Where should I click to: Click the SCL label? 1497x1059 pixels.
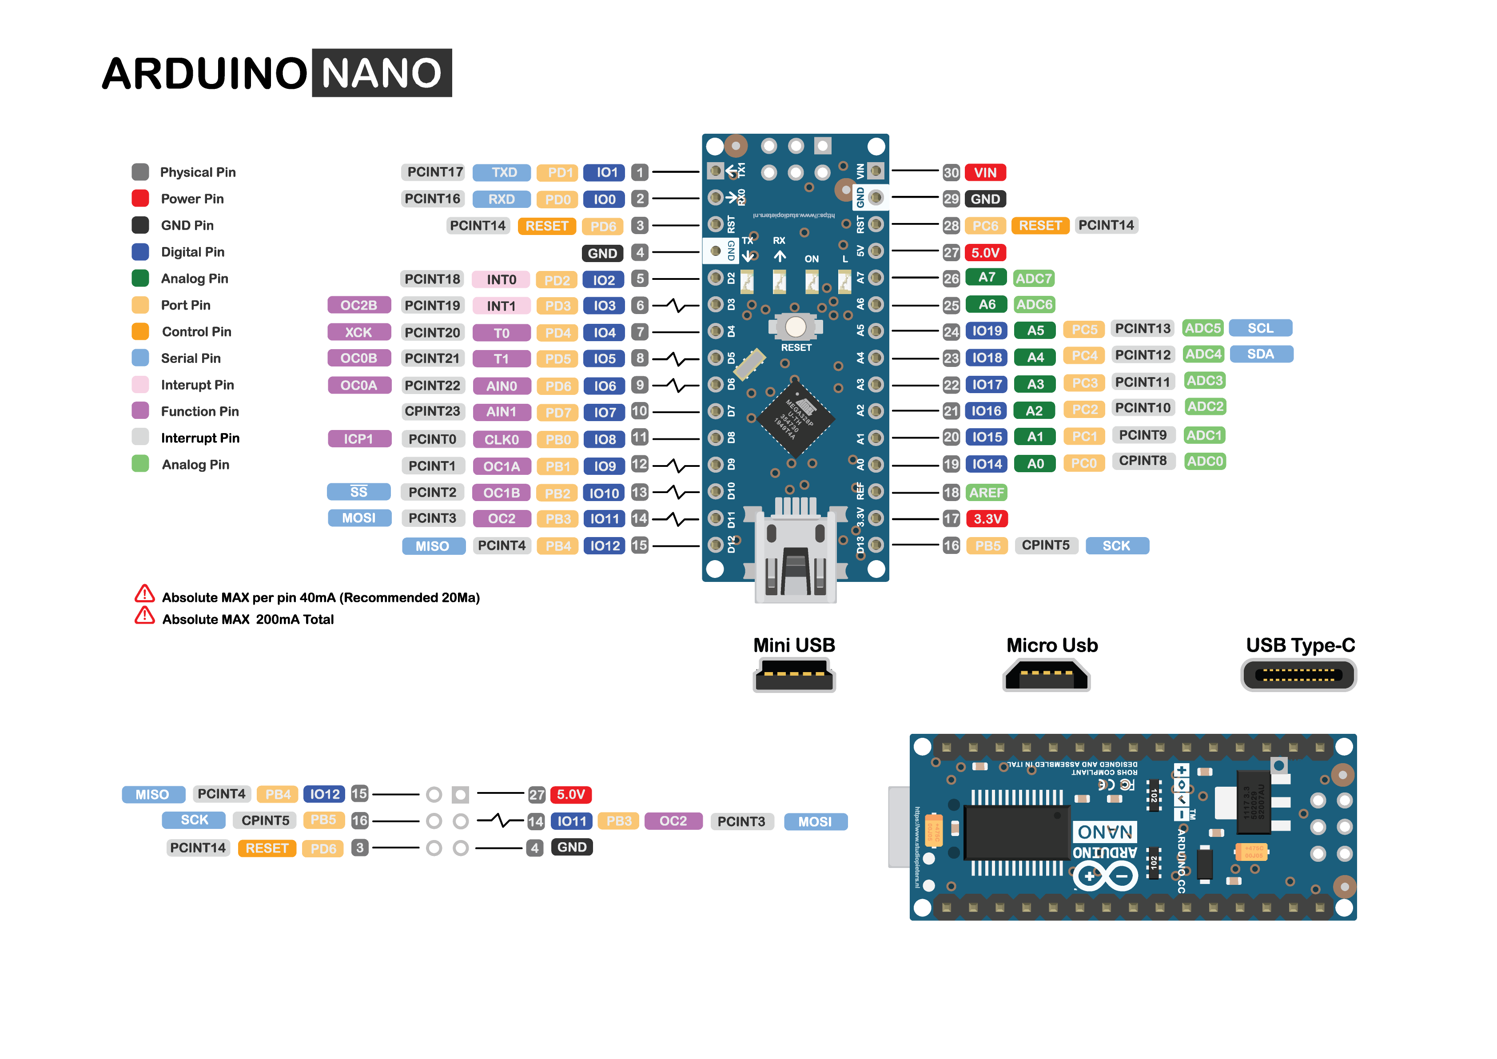pyautogui.click(x=1260, y=328)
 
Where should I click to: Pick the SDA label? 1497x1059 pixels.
pyautogui.click(x=1260, y=354)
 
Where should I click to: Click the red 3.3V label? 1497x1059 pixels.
pyautogui.click(x=987, y=519)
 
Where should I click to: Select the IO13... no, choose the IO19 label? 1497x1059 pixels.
pyautogui.click(x=987, y=330)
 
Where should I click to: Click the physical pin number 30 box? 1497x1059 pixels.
pyautogui.click(x=951, y=173)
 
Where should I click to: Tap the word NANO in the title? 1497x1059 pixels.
pyautogui.click(x=382, y=73)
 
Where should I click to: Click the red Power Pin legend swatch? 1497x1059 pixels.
pyautogui.click(x=140, y=198)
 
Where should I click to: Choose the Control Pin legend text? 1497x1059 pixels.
pyautogui.click(x=196, y=332)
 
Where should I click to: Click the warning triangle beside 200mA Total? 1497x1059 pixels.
pyautogui.click(x=144, y=616)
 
